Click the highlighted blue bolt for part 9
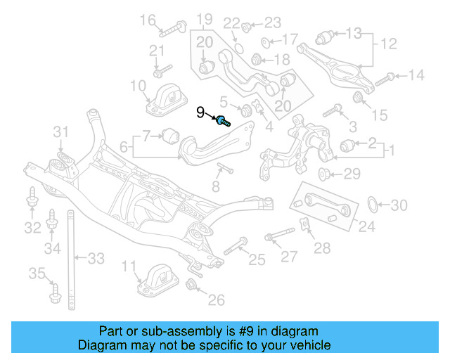223,120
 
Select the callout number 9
200,112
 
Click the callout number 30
399,205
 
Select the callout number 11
128,266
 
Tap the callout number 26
216,300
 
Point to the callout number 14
416,75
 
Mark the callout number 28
321,247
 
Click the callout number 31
63,131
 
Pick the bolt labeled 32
32,201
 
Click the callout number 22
231,24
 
